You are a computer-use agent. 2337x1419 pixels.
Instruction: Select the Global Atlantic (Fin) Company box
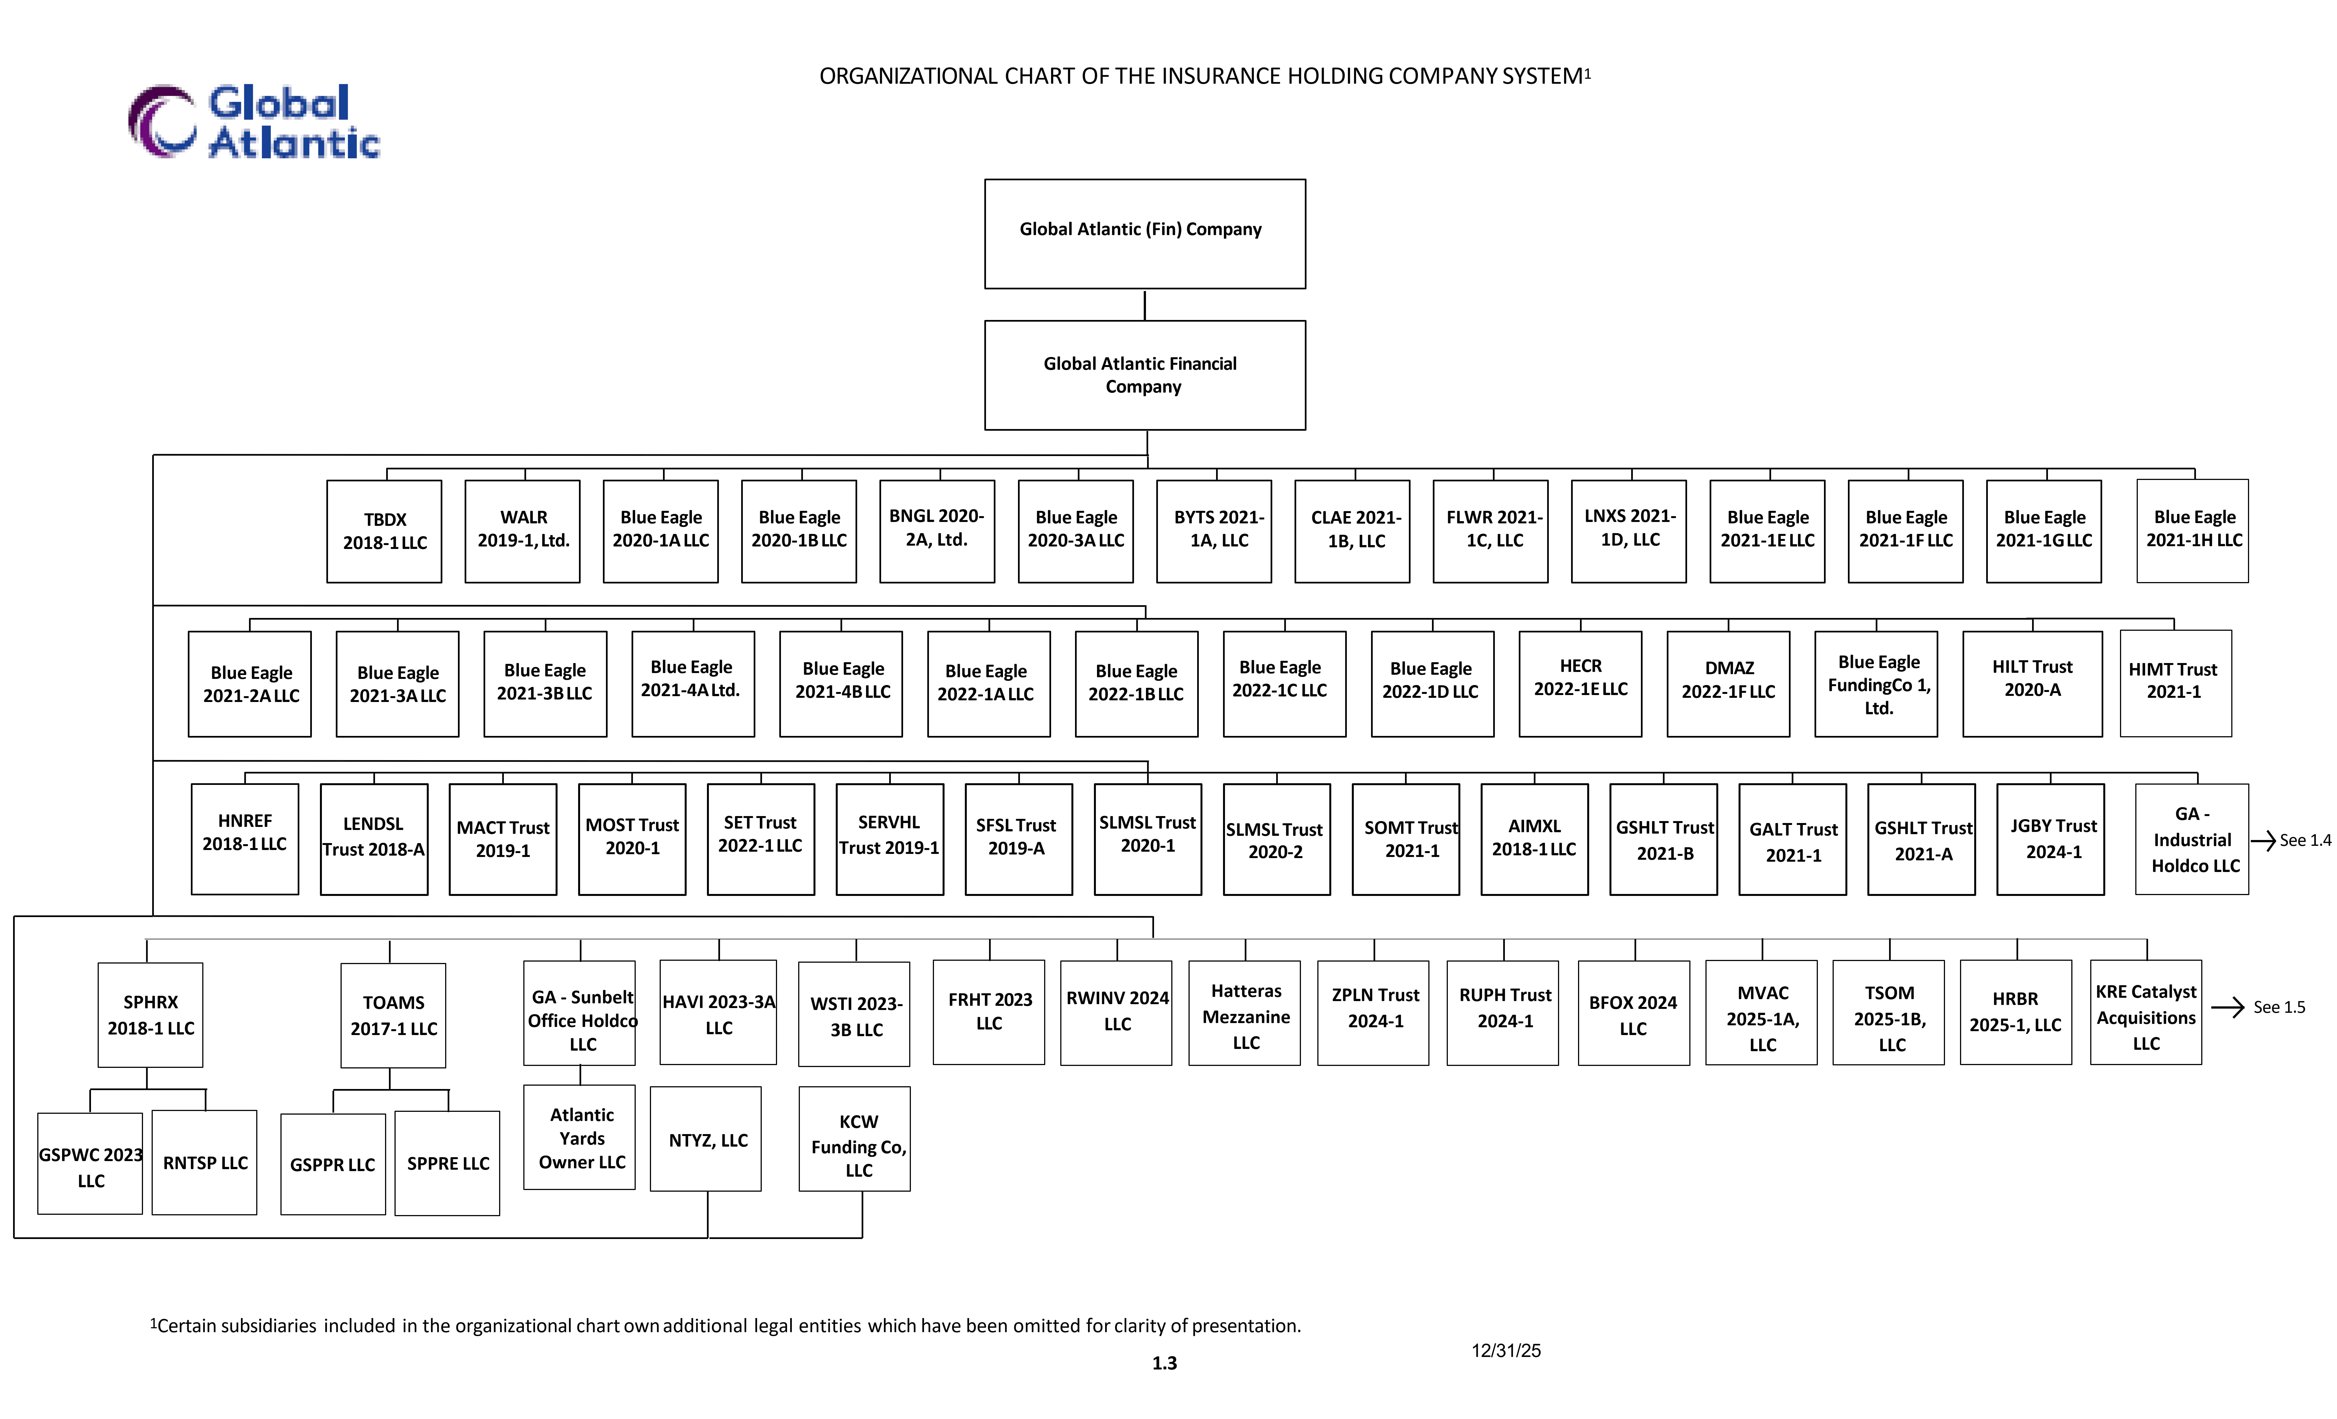point(1145,233)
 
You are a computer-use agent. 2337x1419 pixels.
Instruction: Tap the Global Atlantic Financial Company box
point(1145,375)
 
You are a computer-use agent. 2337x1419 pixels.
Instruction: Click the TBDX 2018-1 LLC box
point(384,531)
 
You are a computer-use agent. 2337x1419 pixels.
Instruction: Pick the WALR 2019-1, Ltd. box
point(522,531)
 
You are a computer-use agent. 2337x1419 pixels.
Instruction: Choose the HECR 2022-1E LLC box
point(1580,684)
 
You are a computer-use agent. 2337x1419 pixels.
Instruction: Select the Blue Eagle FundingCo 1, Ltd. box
point(1876,684)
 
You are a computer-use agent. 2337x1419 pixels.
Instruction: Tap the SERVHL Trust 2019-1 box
point(890,839)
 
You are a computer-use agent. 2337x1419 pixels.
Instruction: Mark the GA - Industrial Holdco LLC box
point(2192,839)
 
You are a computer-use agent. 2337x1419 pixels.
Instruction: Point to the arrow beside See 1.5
point(2228,1007)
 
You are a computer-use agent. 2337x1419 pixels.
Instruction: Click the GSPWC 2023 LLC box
point(90,1164)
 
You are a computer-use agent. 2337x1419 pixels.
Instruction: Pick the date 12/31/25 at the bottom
point(1506,1351)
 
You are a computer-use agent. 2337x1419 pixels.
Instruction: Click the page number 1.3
point(1165,1363)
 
